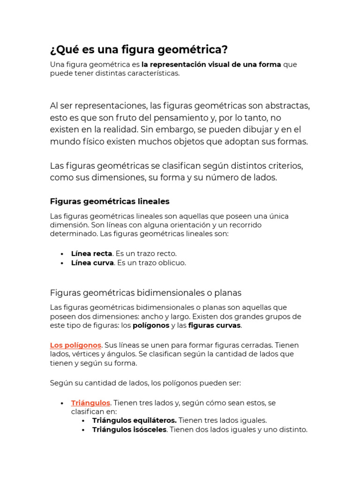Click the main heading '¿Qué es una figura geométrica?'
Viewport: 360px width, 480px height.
pyautogui.click(x=139, y=50)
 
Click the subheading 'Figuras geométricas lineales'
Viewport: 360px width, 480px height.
pyautogui.click(x=110, y=201)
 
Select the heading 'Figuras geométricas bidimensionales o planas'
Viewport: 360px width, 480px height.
pyautogui.click(x=145, y=292)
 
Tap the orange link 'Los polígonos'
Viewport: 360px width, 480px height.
pyautogui.click(x=75, y=345)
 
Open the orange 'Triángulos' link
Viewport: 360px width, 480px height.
pyautogui.click(x=90, y=403)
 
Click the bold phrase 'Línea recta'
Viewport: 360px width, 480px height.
pyautogui.click(x=91, y=254)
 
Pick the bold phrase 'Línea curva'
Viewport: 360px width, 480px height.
pyautogui.click(x=92, y=262)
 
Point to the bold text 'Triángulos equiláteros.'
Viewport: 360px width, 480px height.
pyautogui.click(x=135, y=420)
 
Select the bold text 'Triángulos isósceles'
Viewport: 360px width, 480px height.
pyautogui.click(x=129, y=429)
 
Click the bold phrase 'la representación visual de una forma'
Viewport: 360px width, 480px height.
pyautogui.click(x=211, y=64)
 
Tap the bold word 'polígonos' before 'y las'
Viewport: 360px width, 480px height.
pyautogui.click(x=151, y=325)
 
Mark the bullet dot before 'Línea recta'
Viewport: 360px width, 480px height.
pyautogui.click(x=62, y=254)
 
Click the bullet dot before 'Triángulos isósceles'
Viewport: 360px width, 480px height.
pyautogui.click(x=83, y=430)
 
